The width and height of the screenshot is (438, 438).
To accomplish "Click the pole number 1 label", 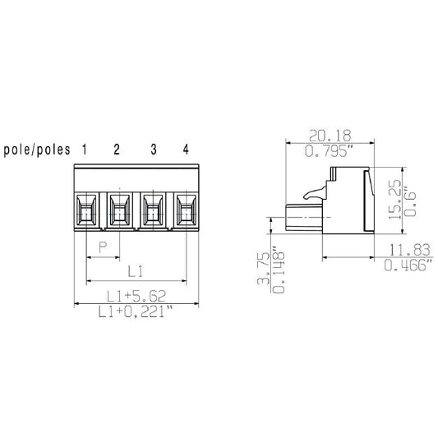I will [85, 149].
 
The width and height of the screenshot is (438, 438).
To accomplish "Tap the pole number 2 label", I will [117, 149].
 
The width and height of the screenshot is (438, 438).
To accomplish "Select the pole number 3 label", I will [153, 149].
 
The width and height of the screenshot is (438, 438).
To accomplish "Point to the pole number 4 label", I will [186, 149].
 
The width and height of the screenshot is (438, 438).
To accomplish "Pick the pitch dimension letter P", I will [103, 247].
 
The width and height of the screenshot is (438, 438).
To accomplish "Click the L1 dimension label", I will [136, 270].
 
